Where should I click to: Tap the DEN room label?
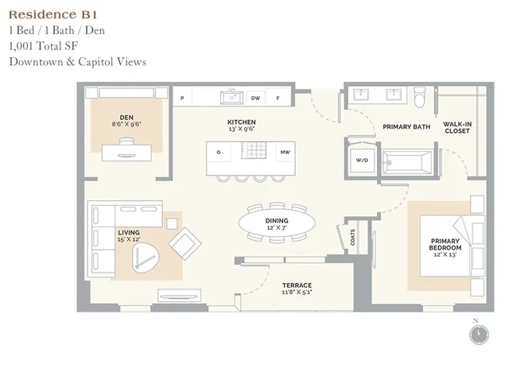tap(126, 116)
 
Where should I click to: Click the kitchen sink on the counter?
tap(232, 98)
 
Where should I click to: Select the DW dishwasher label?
tap(255, 98)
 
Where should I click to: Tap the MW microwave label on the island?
tap(283, 151)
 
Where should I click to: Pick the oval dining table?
tap(277, 224)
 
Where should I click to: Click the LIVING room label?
tap(129, 234)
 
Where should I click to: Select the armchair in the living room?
tap(185, 242)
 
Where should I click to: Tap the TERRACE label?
tap(297, 285)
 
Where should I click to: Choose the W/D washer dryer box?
tap(361, 161)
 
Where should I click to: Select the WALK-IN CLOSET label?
tap(457, 127)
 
